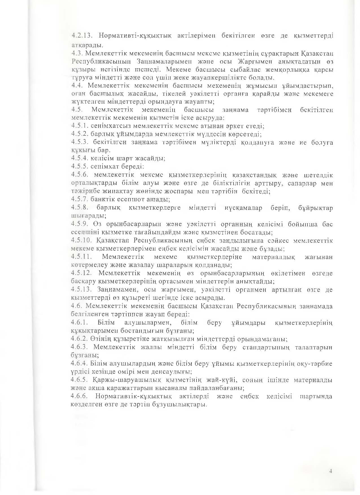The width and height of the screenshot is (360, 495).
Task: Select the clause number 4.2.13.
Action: (x=81, y=36)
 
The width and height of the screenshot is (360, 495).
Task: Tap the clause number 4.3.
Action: (x=77, y=53)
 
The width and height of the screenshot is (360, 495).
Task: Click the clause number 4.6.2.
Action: (x=80, y=339)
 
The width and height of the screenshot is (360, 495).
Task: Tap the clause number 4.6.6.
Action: (x=80, y=396)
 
